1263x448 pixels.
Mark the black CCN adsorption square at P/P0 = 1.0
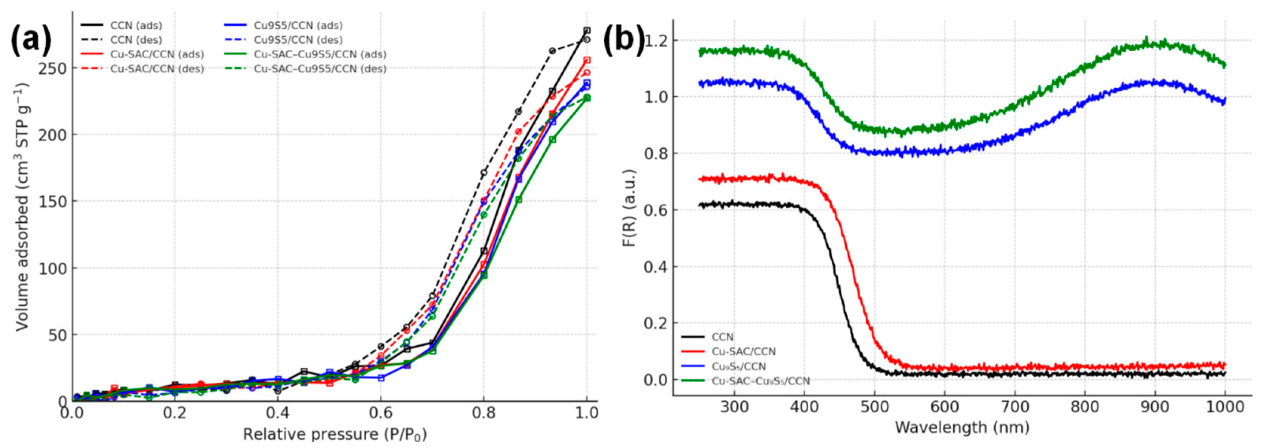pyautogui.click(x=587, y=31)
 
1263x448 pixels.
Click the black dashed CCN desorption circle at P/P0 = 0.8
pyautogui.click(x=483, y=172)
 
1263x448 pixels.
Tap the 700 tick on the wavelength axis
pyautogui.click(x=1014, y=407)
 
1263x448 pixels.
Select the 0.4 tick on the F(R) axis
pyautogui.click(x=655, y=266)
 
